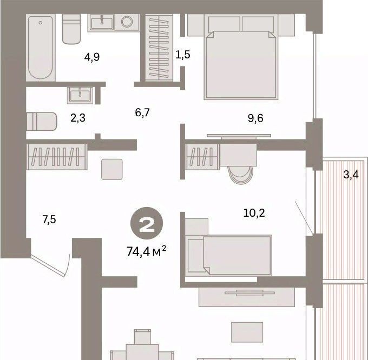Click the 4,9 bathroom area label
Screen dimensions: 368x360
tap(92, 57)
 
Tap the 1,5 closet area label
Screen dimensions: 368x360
tap(183, 55)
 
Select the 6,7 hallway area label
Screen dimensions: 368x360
tap(142, 112)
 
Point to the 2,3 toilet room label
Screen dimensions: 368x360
tap(78, 118)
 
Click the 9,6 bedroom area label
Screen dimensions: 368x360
tap(255, 118)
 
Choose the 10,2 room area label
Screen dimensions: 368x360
tap(254, 213)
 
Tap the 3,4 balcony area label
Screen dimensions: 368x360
tap(351, 175)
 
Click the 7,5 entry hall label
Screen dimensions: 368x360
tap(49, 219)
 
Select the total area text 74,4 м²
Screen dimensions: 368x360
tap(147, 251)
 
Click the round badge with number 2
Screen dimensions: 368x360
tap(147, 223)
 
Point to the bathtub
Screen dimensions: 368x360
tap(41, 48)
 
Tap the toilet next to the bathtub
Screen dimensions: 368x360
tap(71, 29)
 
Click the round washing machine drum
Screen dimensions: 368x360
tap(127, 22)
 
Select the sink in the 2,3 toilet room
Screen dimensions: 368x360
tap(80, 95)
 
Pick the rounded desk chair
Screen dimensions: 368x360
tap(241, 175)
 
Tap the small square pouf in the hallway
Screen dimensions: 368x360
tap(112, 169)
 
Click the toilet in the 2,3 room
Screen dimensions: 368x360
tap(42, 122)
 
